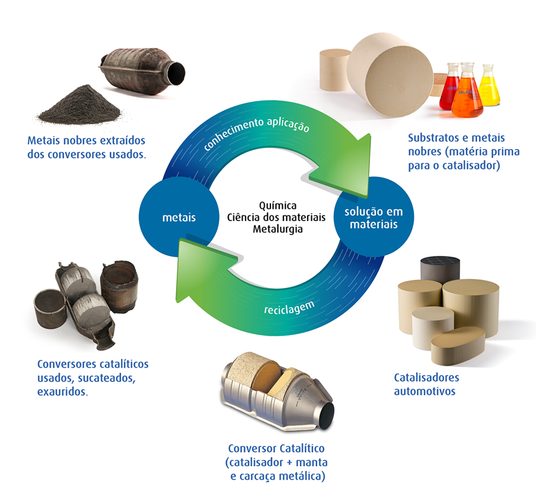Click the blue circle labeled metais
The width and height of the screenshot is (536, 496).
179,217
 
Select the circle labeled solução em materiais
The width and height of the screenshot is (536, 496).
373,217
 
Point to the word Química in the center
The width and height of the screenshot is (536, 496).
277,205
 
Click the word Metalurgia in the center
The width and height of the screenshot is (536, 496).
277,229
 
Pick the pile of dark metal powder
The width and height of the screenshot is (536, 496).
80,106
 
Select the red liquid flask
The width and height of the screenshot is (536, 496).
449,87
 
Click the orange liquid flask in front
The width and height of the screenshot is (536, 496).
467,91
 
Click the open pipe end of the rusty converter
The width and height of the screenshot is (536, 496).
176,73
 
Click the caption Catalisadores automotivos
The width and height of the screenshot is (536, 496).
426,384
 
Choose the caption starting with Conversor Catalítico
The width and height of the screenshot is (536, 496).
277,462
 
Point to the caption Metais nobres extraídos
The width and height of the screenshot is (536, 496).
86,147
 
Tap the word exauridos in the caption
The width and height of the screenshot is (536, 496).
63,391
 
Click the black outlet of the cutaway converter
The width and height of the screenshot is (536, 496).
326,415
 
